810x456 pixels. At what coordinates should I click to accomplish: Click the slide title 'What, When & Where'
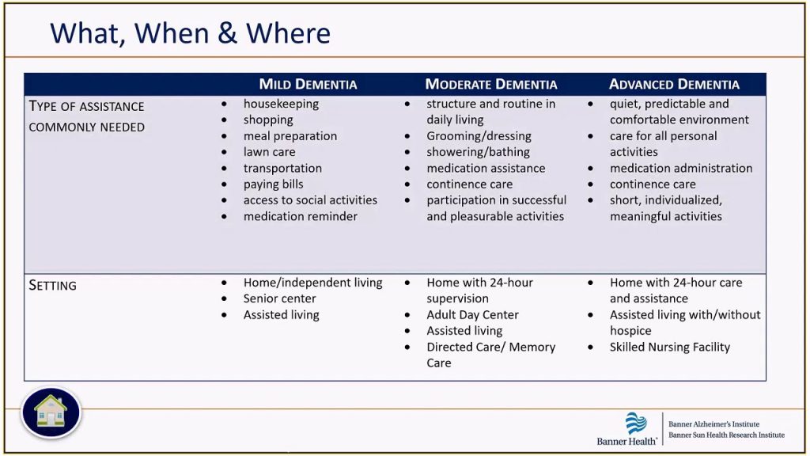[190, 33]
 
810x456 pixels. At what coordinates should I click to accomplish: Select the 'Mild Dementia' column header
[308, 84]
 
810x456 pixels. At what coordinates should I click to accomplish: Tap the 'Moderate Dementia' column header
[491, 84]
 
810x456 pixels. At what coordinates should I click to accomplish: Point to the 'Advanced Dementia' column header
[674, 84]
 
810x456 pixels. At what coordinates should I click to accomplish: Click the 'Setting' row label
[53, 285]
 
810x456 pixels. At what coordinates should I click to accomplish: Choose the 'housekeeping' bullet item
[281, 104]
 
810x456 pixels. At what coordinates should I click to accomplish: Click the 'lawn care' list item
[269, 152]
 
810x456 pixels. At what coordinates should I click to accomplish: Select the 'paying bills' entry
[273, 184]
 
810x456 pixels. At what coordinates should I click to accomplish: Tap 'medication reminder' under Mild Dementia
[300, 216]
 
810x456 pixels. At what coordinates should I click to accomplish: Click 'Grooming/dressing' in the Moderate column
[479, 136]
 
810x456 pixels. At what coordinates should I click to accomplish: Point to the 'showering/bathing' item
[478, 152]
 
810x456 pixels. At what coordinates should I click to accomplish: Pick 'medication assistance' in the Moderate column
[486, 168]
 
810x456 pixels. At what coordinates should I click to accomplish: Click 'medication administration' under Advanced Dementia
[681, 168]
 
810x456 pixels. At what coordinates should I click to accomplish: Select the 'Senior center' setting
[279, 298]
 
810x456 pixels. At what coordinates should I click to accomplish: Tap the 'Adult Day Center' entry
[472, 315]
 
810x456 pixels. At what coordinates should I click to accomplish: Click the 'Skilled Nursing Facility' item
[669, 347]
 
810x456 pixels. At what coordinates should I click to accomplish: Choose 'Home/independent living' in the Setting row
[312, 283]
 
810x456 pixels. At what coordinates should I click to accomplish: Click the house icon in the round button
[51, 412]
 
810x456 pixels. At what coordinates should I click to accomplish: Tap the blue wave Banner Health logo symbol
[636, 424]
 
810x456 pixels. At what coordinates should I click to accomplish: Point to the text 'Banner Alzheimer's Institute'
[713, 424]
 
